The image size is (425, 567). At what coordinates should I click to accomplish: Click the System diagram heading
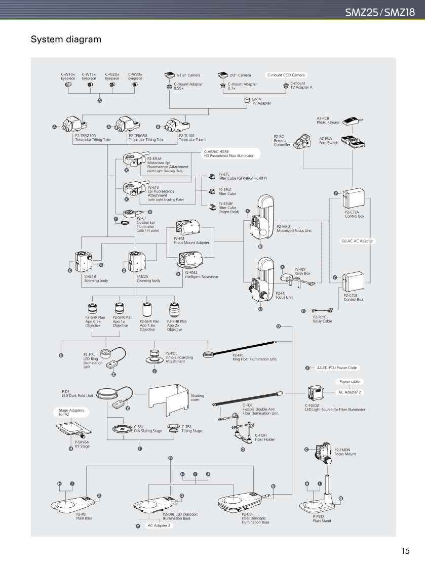(66, 39)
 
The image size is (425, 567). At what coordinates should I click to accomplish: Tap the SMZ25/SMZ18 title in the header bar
(383, 12)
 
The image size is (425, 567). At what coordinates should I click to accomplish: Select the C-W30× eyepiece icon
(135, 85)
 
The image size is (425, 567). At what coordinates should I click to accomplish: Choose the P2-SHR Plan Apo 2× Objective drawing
(173, 309)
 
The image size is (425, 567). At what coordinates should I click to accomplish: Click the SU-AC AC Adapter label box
(357, 241)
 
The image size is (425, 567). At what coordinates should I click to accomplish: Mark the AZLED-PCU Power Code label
(336, 368)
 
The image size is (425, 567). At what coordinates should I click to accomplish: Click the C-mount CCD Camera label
(286, 75)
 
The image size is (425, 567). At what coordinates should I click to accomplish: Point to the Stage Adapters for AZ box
(71, 412)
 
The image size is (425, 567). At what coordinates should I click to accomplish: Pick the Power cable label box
(350, 382)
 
